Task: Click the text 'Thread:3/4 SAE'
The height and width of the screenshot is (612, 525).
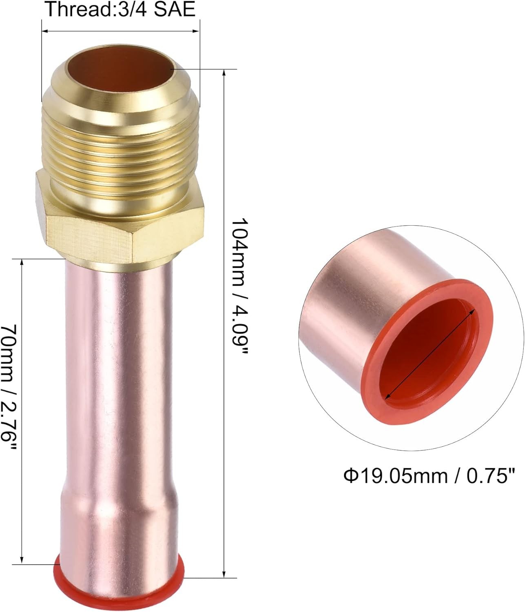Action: (x=120, y=9)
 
